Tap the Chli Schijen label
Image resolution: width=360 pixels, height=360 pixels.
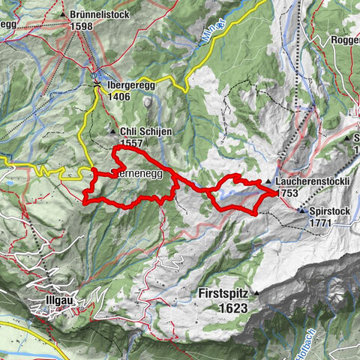148,130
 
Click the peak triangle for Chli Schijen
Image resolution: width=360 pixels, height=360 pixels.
113,131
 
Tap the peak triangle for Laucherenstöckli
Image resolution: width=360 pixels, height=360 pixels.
268,182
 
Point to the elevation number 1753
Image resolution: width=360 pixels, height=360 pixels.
287,193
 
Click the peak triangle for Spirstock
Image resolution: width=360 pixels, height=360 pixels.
303,212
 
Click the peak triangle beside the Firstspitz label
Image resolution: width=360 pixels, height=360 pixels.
256,292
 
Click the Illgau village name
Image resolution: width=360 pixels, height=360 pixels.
55,304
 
